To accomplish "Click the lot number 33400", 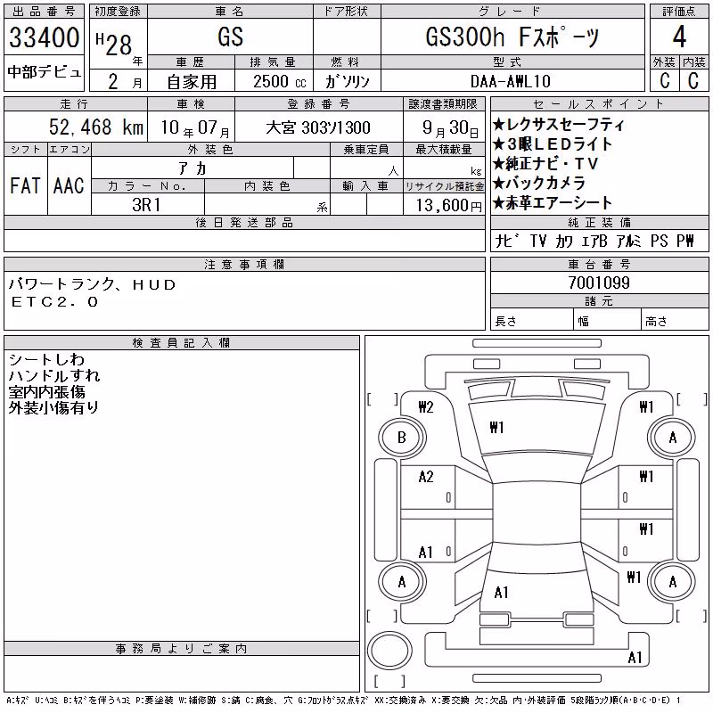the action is (x=44, y=37).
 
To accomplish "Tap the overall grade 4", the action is (x=679, y=37).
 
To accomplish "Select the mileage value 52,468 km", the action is (x=96, y=127).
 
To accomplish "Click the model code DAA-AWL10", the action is (x=511, y=81).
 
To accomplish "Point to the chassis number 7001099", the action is (x=599, y=283).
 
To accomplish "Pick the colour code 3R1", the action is (x=146, y=205).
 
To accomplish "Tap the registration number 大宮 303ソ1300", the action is (x=318, y=127).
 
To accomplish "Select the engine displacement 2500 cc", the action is (x=279, y=81).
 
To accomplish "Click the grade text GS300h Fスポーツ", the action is (x=512, y=37).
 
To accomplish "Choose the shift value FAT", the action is (x=25, y=185).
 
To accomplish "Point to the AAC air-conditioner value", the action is (x=69, y=185).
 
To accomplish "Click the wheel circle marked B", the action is (x=402, y=438).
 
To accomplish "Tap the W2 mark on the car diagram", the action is (x=426, y=407).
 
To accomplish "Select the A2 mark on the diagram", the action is (x=426, y=477).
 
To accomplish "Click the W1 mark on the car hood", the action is (x=496, y=428).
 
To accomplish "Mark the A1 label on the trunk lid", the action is (x=501, y=593).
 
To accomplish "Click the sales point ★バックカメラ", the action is (x=539, y=183).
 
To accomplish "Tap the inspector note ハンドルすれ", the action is (x=54, y=375).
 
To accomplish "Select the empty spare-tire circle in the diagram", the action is (x=389, y=651).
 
